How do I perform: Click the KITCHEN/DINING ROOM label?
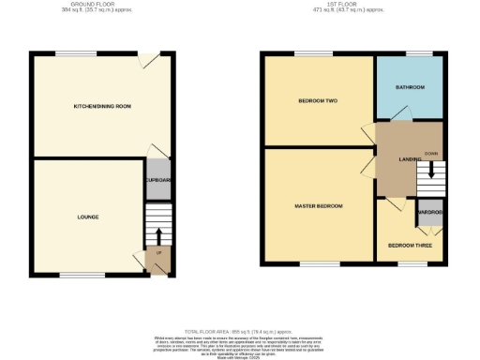click(x=102, y=106)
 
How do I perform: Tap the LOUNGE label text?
click(x=88, y=217)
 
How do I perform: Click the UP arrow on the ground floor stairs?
click(x=157, y=233)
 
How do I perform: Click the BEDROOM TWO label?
click(x=317, y=100)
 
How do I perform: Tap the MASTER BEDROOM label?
click(x=318, y=205)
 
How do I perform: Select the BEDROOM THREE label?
click(x=410, y=246)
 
